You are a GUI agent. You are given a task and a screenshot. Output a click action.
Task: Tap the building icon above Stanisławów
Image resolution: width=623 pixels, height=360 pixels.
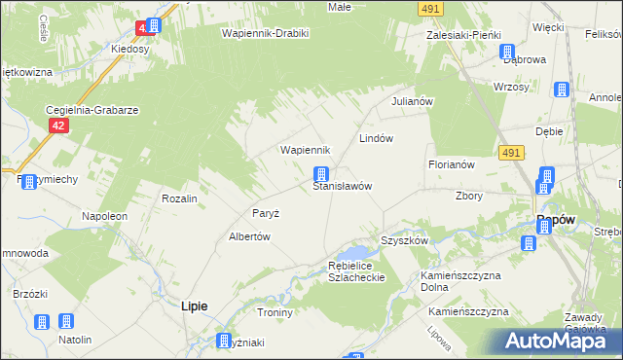(320, 175)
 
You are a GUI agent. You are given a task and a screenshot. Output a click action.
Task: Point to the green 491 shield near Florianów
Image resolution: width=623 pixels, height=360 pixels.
(513, 153)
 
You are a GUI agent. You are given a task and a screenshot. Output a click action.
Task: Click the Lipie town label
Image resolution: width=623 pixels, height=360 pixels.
(195, 306)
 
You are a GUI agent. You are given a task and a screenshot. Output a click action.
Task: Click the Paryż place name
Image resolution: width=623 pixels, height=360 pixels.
(266, 213)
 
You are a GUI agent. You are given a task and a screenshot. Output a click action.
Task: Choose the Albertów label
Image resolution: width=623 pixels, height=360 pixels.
(248, 236)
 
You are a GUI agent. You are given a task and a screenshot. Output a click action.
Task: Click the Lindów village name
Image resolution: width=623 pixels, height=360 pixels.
(376, 138)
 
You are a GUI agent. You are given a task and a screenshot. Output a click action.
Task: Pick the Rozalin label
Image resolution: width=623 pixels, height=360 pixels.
(180, 198)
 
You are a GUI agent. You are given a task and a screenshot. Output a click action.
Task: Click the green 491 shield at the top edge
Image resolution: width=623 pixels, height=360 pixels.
(431, 8)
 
